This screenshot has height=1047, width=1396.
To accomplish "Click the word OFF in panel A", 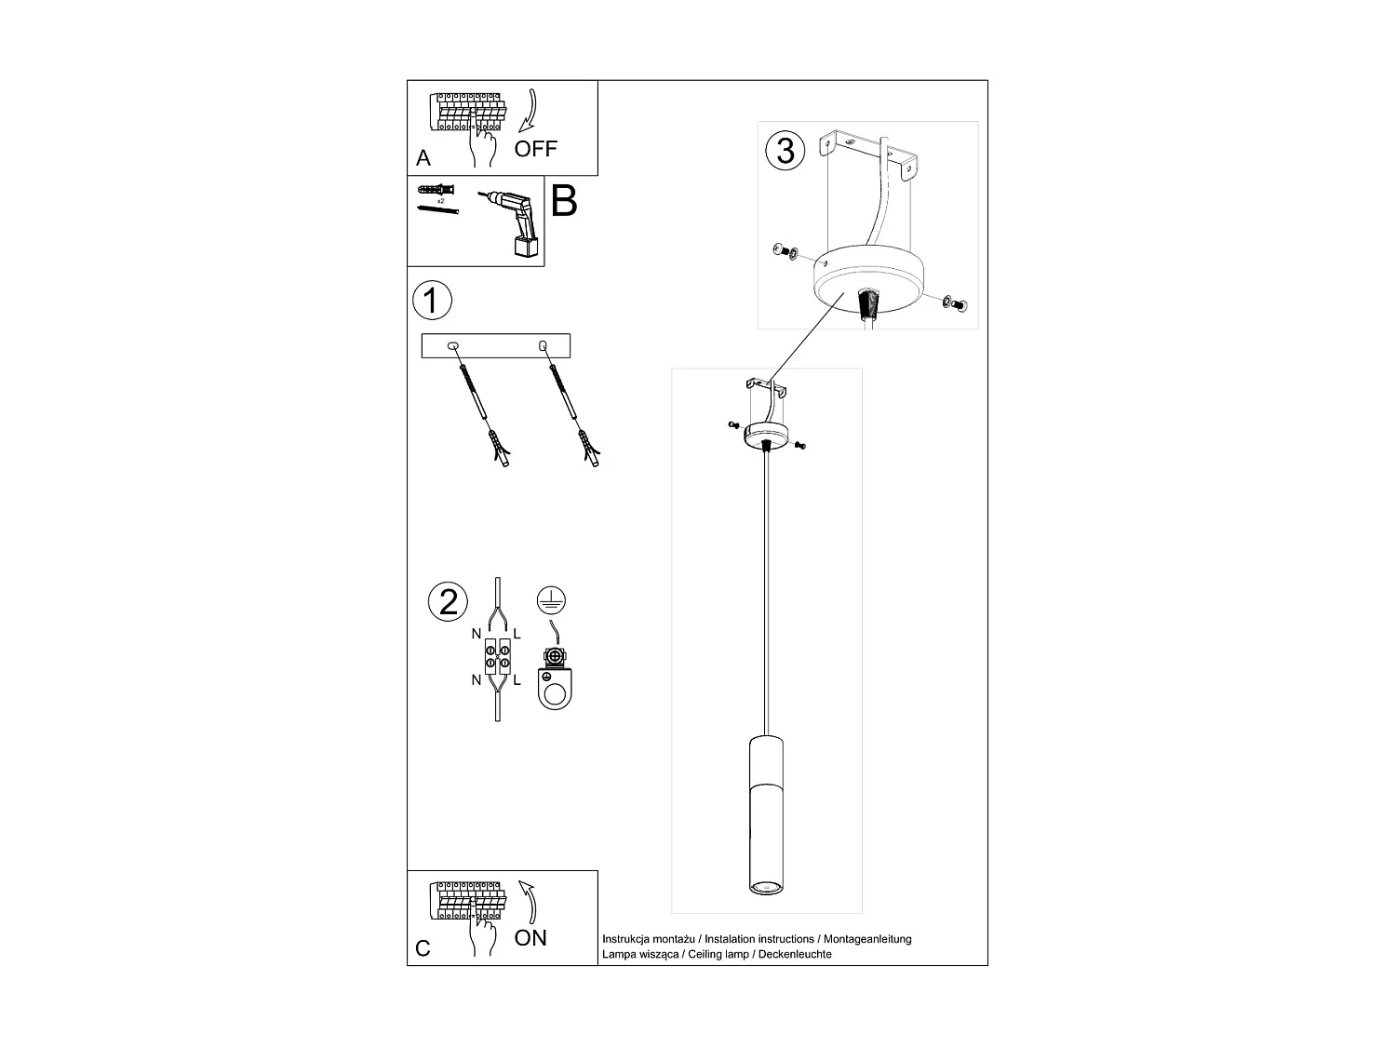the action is tap(535, 149).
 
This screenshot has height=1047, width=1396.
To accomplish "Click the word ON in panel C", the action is tap(530, 938).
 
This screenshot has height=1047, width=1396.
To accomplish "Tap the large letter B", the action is tap(564, 201).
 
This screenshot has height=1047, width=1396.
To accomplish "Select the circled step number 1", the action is tap(431, 301).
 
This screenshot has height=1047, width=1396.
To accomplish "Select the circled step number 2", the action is tap(449, 601).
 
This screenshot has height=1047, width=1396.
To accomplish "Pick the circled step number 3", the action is tap(785, 151).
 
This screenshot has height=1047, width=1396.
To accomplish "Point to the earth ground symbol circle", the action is tap(552, 601).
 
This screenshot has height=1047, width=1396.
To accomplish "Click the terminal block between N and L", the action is tap(497, 656).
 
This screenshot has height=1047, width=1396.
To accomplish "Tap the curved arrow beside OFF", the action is tap(530, 112).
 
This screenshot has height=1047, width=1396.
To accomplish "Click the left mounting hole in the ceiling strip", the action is tap(453, 346).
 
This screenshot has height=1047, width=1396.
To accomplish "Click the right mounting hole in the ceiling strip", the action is tap(544, 346).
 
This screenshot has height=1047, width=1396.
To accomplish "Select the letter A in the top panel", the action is tap(423, 158).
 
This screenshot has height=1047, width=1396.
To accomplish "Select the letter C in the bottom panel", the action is tap(423, 948).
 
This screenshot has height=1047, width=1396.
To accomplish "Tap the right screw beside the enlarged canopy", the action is tap(955, 302).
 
